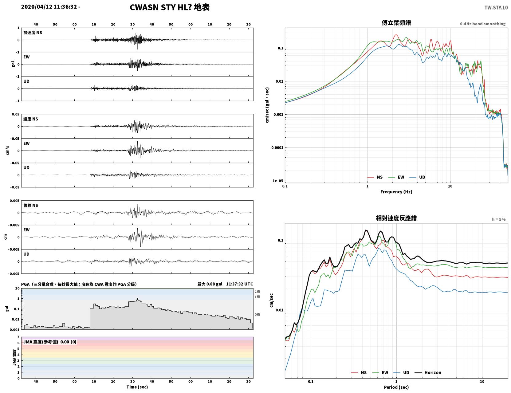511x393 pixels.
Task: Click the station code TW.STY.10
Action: click(496, 7)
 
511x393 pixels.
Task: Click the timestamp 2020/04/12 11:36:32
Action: click(49, 6)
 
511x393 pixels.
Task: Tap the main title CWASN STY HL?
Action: click(161, 7)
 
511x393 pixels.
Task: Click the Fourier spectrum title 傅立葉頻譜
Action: click(396, 23)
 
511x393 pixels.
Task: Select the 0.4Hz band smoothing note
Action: click(482, 24)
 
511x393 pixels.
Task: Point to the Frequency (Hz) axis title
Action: click(396, 192)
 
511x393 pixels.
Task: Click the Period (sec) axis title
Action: click(396, 387)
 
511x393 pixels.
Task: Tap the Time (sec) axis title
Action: click(137, 387)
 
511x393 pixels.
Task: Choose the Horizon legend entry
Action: click(428, 372)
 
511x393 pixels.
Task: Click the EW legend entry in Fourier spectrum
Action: click(396, 177)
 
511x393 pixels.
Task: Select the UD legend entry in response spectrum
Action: click(401, 372)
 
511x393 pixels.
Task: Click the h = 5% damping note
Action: click(498, 219)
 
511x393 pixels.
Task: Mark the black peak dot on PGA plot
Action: click(138, 299)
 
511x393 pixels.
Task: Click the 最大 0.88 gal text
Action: click(210, 284)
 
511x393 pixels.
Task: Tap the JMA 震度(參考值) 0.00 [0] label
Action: click(49, 342)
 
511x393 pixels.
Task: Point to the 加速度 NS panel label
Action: click(33, 33)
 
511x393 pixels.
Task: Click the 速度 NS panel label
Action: click(30, 119)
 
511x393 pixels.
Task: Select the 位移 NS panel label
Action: click(30, 205)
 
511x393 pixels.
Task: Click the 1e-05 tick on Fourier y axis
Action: click(278, 181)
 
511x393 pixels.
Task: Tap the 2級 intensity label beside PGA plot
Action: click(257, 292)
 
